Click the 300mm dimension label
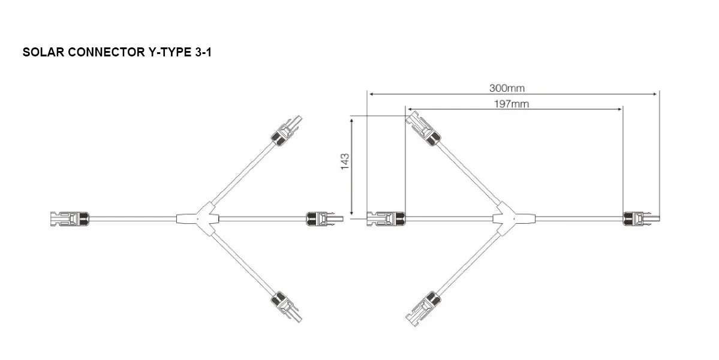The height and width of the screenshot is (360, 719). coord(507,88)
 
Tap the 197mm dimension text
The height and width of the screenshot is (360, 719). coord(512,104)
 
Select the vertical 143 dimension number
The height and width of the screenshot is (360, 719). coord(345,162)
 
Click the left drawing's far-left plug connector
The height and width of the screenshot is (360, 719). coord(68,219)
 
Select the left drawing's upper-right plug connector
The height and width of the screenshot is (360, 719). coord(286,131)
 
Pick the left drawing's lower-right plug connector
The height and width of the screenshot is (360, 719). coord(286,307)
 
